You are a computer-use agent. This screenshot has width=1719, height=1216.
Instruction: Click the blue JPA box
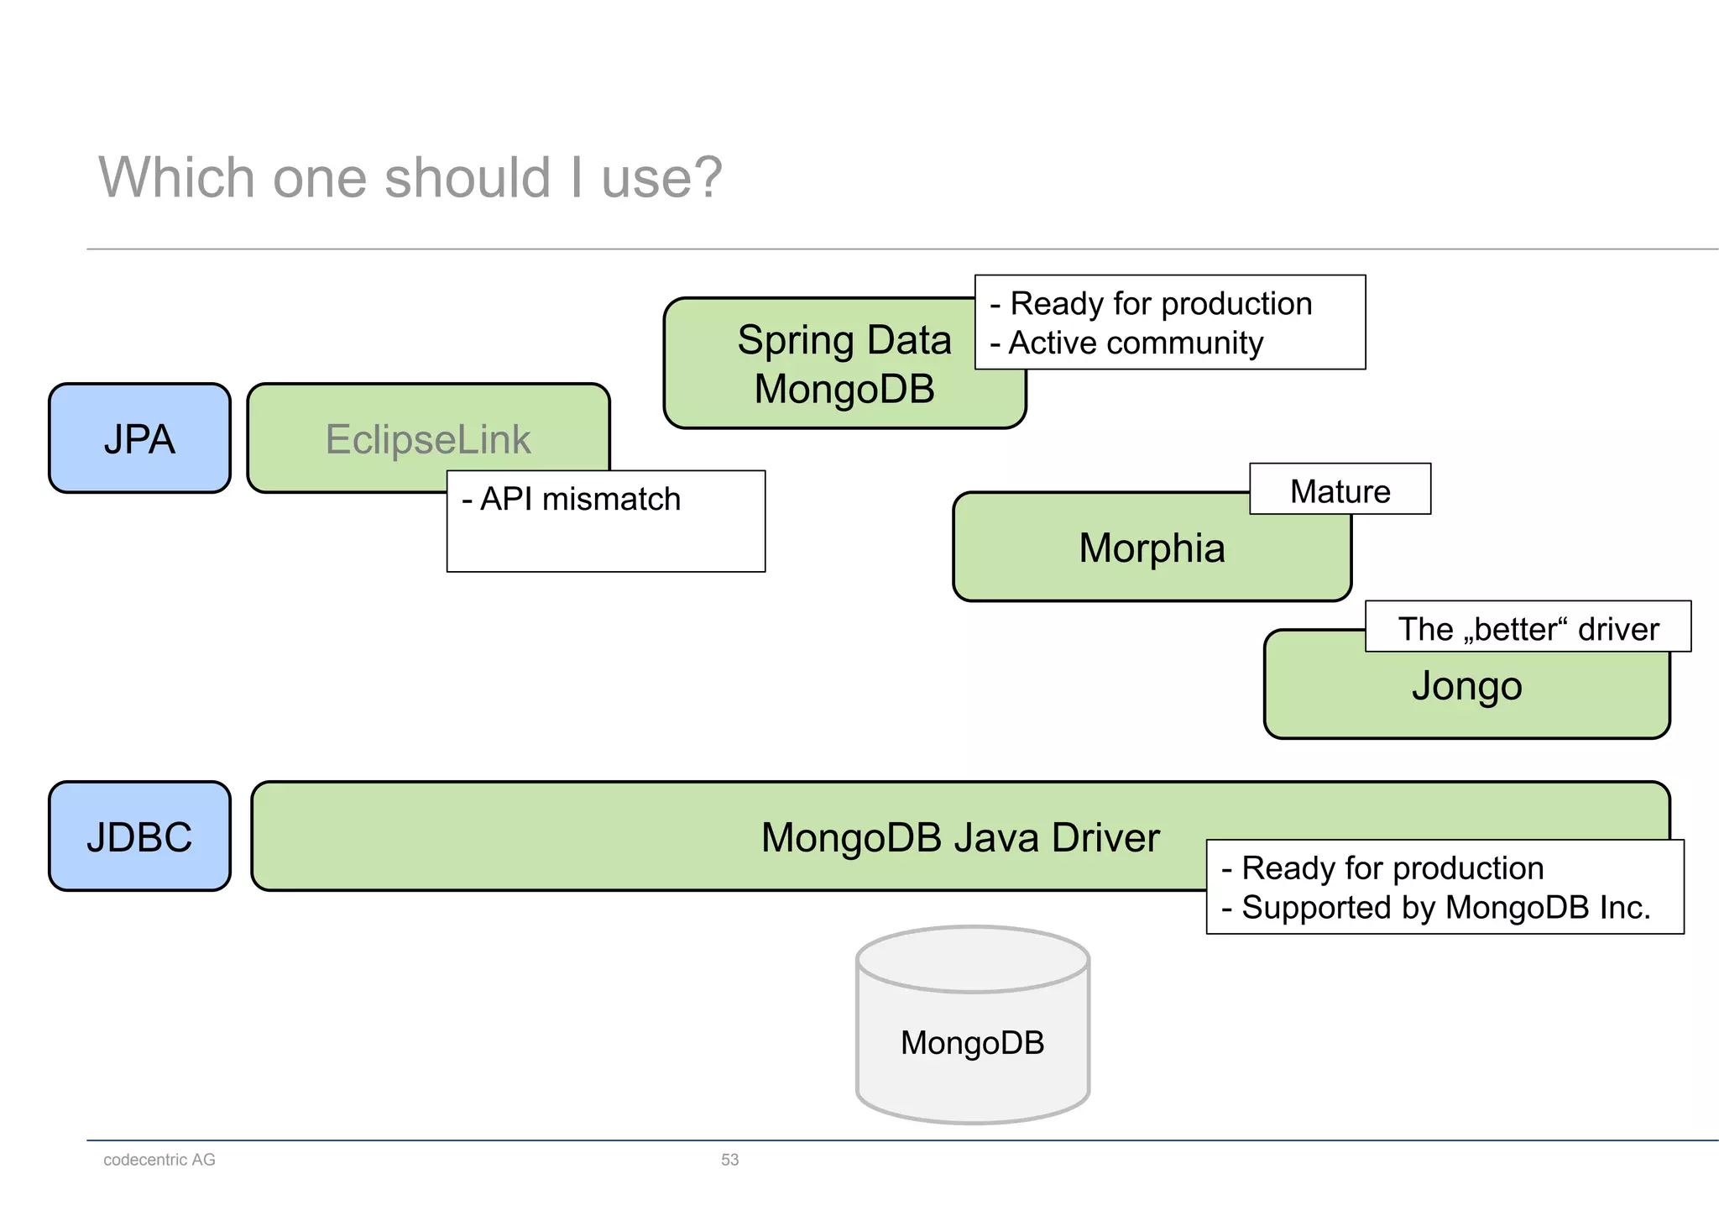(x=139, y=438)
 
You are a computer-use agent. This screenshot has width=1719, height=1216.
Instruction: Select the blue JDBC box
(x=139, y=836)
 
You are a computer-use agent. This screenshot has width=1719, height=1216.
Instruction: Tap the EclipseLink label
(x=428, y=439)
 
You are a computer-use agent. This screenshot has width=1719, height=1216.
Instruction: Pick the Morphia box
(x=1152, y=548)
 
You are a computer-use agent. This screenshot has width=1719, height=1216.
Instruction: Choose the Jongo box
(x=1466, y=687)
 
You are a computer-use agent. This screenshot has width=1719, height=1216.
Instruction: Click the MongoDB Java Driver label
(x=959, y=837)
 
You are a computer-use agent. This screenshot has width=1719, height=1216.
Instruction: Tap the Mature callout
(x=1340, y=490)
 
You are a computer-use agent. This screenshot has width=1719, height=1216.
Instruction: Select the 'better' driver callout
(x=1528, y=628)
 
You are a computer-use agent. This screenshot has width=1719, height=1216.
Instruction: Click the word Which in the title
(x=176, y=178)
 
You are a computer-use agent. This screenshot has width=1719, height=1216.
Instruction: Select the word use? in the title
(x=661, y=178)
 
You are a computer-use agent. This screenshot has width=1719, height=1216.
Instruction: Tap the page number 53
(x=729, y=1160)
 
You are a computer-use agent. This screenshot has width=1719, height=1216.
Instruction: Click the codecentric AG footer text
(x=159, y=1160)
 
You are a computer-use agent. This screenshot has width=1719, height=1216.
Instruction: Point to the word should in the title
(x=467, y=178)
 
